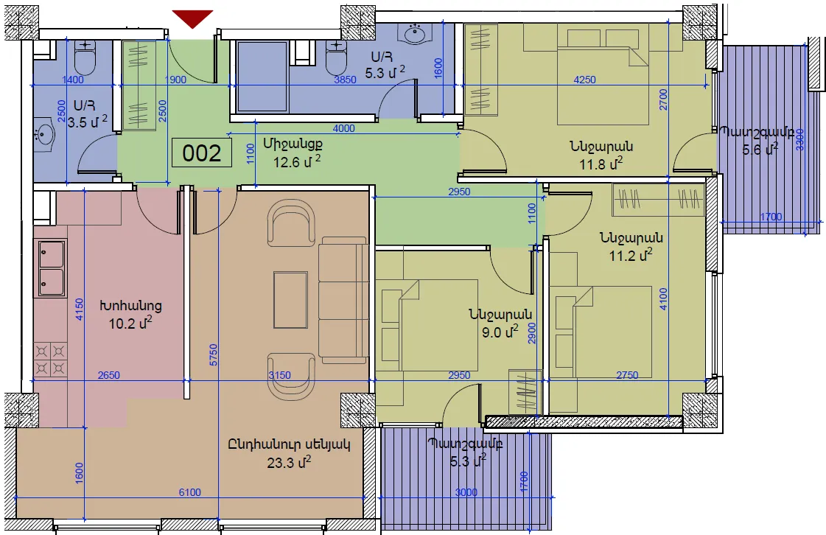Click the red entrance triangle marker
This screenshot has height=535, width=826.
pyautogui.click(x=193, y=18)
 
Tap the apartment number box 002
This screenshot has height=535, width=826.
pyautogui.click(x=202, y=153)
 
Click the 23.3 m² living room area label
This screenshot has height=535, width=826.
pyautogui.click(x=289, y=462)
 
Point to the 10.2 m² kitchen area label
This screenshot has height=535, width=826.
pyautogui.click(x=130, y=323)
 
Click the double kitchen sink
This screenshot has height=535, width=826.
pyautogui.click(x=52, y=267)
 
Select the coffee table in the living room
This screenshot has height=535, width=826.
pyautogui.click(x=290, y=301)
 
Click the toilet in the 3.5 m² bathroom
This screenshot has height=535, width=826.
pyautogui.click(x=84, y=59)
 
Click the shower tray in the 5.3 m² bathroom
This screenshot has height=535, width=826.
pyautogui.click(x=262, y=76)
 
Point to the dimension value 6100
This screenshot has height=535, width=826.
pyautogui.click(x=189, y=492)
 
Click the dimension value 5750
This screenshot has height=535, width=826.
pyautogui.click(x=213, y=354)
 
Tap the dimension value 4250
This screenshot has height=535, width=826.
pyautogui.click(x=584, y=80)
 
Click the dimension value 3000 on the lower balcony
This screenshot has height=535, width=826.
pyautogui.click(x=466, y=492)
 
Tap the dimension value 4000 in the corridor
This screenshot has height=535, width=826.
pyautogui.click(x=343, y=128)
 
